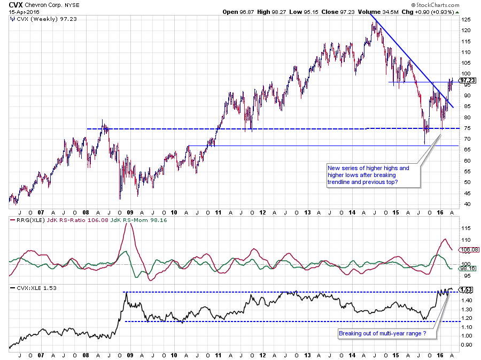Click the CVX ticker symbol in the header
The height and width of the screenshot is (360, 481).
coord(15,4)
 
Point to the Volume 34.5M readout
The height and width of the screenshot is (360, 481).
coord(395,12)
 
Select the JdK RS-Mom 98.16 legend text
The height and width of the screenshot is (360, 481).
coord(157,220)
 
